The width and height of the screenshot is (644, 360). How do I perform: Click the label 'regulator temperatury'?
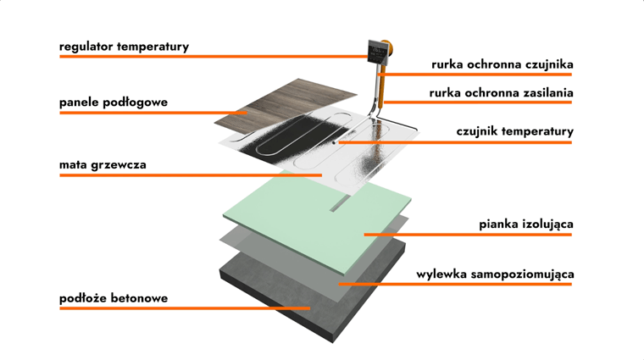click(x=124, y=47)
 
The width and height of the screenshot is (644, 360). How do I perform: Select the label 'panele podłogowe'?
click(x=114, y=102)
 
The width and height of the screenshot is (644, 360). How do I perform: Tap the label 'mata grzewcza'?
click(x=103, y=164)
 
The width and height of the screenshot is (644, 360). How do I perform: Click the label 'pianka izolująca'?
click(x=525, y=224)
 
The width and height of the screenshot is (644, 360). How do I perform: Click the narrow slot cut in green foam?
click(x=339, y=203)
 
